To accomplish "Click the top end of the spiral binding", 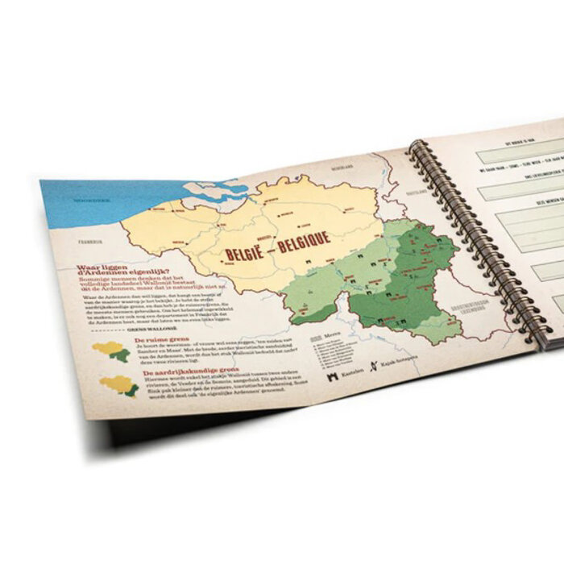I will pos(416,145).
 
